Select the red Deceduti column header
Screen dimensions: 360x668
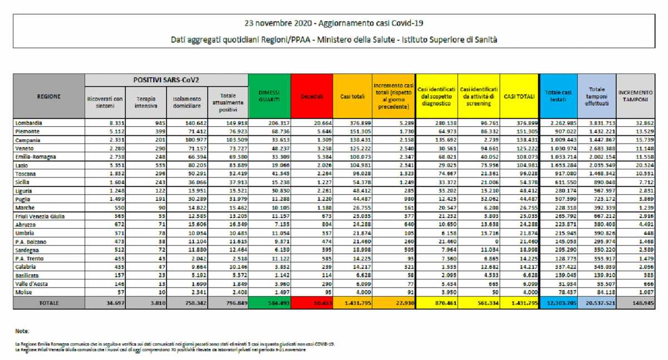point(312,96)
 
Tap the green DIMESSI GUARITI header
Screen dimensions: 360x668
point(269,96)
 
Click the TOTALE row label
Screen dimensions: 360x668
point(48,303)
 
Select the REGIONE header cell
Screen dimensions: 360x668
point(49,96)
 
